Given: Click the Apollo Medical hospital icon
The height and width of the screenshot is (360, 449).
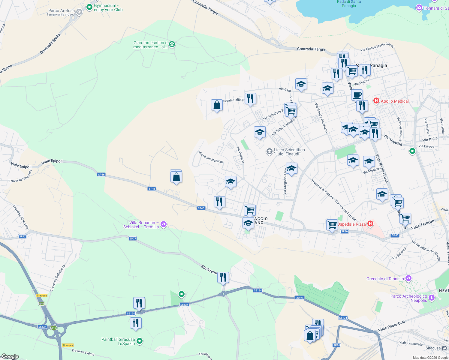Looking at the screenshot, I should (x=376, y=101).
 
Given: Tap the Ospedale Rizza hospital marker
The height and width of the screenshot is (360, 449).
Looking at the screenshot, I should (x=370, y=224).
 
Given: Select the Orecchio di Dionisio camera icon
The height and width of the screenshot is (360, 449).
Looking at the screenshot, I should (x=408, y=279).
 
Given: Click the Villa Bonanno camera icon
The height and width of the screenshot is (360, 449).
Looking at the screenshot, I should (x=164, y=224).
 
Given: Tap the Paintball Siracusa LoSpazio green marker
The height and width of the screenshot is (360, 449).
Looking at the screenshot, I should (x=139, y=341).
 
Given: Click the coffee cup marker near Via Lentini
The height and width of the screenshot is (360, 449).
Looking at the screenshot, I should (x=357, y=95).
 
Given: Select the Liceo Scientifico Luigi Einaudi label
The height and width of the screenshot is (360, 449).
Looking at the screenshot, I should (x=289, y=152).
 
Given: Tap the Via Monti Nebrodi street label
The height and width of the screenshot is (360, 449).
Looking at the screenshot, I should (x=211, y=157).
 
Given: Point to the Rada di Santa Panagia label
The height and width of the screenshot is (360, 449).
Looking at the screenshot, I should (x=349, y=4).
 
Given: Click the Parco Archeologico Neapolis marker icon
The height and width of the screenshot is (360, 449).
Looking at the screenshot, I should (x=432, y=298).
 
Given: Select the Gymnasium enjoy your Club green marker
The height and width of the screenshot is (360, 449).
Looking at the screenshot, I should (x=89, y=7).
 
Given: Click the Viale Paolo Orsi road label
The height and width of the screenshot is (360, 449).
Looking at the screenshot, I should (x=391, y=326).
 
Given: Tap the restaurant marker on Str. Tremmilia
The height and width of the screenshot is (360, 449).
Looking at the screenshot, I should (x=223, y=277).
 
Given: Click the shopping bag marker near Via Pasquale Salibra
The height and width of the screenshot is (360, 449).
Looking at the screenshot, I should (x=217, y=105).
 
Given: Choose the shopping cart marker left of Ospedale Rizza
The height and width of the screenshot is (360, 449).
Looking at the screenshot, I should (x=332, y=225).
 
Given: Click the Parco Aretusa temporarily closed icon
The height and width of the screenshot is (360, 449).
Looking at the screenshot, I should (x=79, y=12).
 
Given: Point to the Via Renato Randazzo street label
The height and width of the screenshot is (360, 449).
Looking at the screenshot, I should (x=321, y=118).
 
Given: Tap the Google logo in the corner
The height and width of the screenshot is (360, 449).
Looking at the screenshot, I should (x=10, y=356).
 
